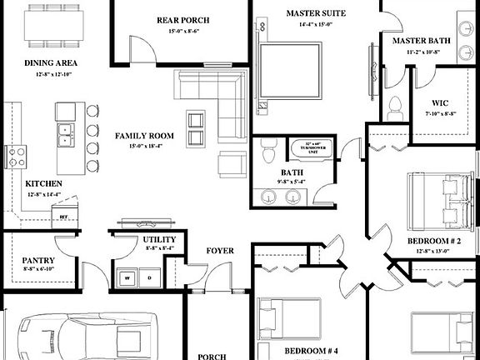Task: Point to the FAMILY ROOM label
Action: tap(144, 135)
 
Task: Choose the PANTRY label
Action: tap(38, 260)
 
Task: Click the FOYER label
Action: tap(220, 250)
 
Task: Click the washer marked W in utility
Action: tap(129, 277)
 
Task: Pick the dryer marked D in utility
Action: tap(150, 277)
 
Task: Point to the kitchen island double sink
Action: tap(65, 132)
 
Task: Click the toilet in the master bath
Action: tap(396, 107)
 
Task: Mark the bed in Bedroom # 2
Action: tap(438, 200)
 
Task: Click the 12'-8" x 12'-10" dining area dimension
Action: tap(49, 74)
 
